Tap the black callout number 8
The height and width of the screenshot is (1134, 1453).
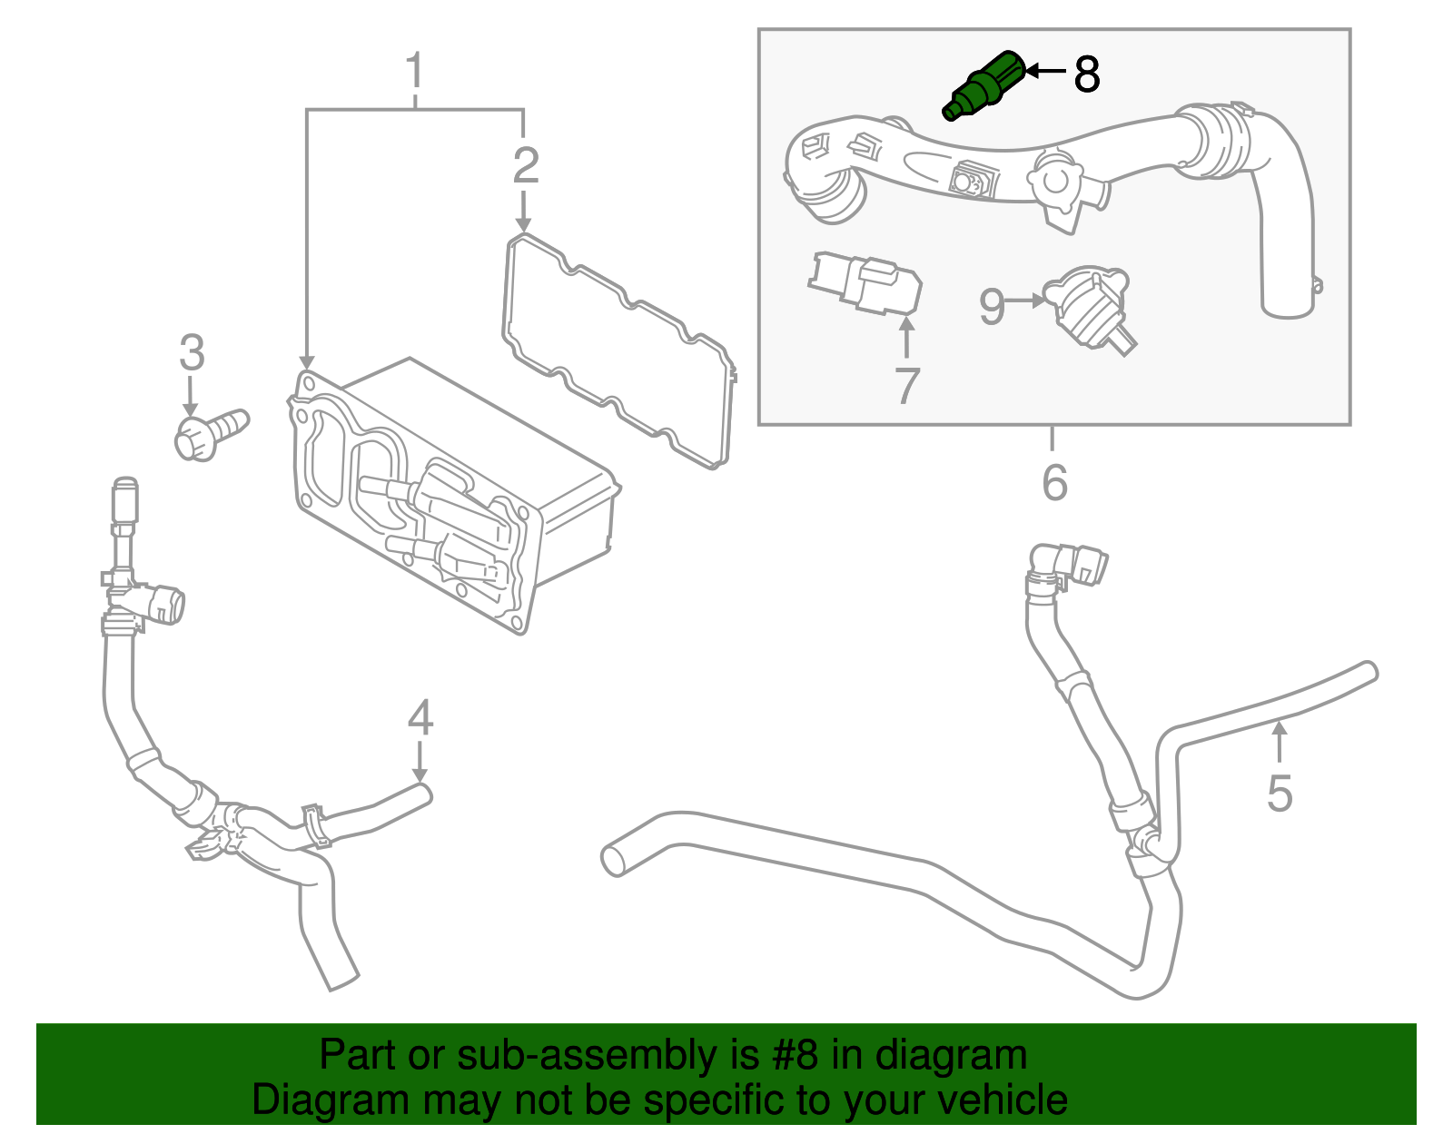(x=1086, y=74)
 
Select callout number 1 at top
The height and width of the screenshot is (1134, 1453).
(x=415, y=71)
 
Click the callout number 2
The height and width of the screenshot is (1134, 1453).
(x=526, y=165)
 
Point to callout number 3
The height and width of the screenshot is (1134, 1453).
(x=192, y=352)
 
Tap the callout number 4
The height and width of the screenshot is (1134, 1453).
(x=420, y=718)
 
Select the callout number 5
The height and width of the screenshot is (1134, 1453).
(x=1280, y=794)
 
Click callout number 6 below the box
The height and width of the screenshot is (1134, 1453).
(x=1054, y=482)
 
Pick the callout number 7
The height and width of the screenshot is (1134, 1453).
(x=906, y=386)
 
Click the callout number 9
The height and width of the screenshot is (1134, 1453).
(x=992, y=307)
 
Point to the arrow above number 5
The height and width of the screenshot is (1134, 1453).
(x=1280, y=739)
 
